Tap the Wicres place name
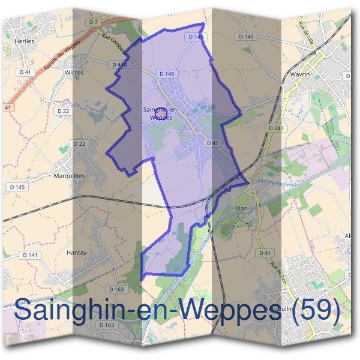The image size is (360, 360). pos(73,72)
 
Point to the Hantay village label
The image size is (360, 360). pos(76,253)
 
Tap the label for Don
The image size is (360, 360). pos(242,208)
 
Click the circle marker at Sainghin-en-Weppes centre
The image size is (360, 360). pos(160,112)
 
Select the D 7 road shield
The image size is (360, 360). pos(93,22)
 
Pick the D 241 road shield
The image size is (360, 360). pos(275,128)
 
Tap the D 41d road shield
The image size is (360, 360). pos(118,64)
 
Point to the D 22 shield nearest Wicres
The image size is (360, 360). pos(63,111)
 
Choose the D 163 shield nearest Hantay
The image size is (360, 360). pos(117,290)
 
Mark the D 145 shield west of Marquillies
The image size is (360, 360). pos(17,187)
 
